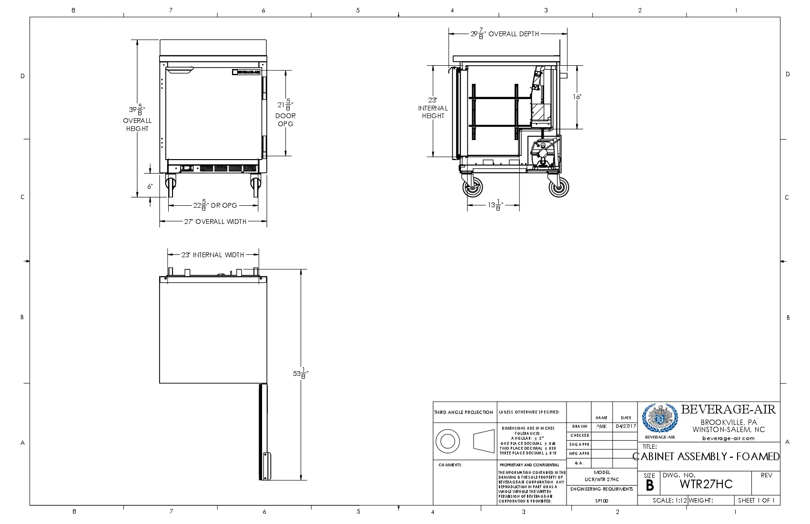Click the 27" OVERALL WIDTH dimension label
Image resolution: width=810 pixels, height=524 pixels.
215,222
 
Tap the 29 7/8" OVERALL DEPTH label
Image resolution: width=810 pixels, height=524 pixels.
505,34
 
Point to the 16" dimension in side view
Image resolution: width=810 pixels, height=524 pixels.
577,97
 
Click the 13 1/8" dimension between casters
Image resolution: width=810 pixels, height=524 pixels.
495,205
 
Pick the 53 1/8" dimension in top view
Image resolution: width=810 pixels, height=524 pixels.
300,373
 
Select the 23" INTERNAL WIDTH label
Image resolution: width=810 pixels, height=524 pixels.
213,255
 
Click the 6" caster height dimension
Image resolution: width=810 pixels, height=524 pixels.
150,186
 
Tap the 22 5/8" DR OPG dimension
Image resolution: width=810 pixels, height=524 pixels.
215,205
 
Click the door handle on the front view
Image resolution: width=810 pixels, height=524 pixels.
180,71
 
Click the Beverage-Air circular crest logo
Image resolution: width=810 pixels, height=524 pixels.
659,418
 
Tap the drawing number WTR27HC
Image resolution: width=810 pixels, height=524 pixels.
706,484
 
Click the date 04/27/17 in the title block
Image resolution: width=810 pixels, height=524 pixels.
625,426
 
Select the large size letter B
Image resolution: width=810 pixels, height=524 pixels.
649,486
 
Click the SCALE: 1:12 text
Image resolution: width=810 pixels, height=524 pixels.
669,500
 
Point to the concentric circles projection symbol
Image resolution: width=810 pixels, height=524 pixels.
447,441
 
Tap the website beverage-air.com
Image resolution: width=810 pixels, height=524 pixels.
728,438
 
